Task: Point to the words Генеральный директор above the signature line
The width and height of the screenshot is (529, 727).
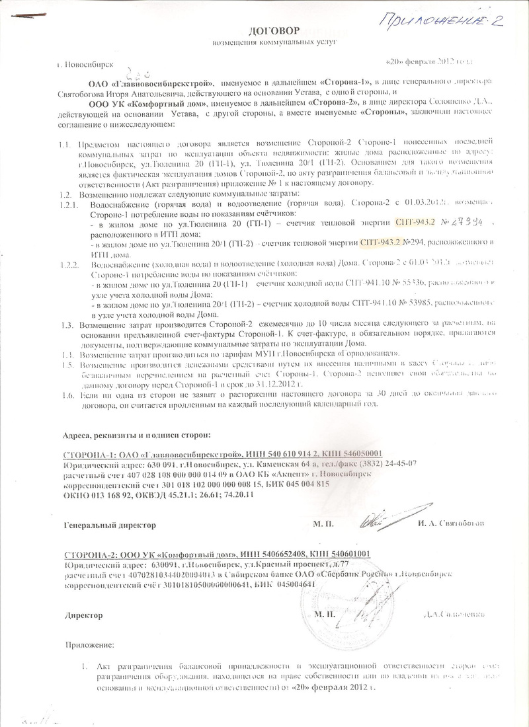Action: coord(110,524)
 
